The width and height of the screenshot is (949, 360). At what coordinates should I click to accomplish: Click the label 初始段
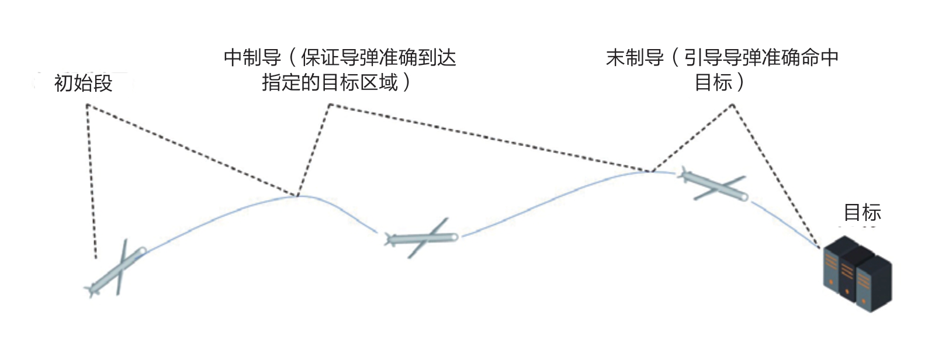[83, 84]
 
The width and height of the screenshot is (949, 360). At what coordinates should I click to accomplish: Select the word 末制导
[635, 58]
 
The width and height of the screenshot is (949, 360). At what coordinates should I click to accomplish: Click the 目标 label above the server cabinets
[862, 213]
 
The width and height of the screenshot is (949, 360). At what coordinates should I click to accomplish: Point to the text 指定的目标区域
[330, 82]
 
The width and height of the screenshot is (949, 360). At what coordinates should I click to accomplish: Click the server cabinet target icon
[857, 274]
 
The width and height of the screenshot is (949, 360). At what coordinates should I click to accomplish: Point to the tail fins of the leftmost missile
[92, 289]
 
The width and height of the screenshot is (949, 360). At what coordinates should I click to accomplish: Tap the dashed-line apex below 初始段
[87, 105]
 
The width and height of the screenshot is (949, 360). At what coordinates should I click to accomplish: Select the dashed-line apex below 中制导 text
[330, 105]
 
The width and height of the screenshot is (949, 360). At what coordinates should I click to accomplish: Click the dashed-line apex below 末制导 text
[732, 105]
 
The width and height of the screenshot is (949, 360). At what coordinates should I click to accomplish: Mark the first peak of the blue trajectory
[297, 196]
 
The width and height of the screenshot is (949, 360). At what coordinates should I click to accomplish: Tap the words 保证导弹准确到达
[378, 58]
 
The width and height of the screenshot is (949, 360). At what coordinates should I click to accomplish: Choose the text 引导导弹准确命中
[761, 58]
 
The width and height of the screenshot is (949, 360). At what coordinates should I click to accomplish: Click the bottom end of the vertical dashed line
[95, 257]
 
